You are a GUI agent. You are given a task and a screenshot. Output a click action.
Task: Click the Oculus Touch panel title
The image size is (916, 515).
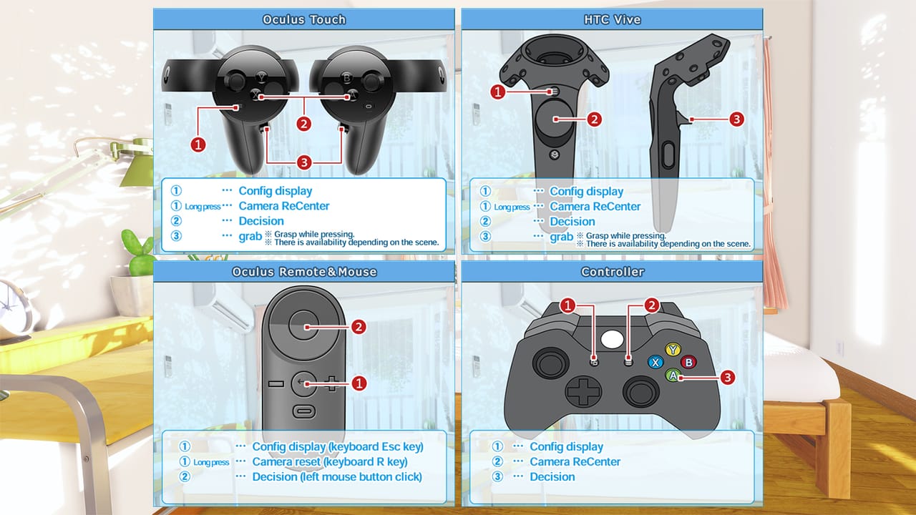click(303, 19)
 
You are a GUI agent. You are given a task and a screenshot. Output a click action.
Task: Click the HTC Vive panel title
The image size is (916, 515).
click(611, 19)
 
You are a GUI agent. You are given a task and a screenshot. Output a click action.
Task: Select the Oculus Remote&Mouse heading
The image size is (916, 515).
click(303, 272)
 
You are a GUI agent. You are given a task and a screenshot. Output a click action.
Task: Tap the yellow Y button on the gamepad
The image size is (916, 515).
click(673, 349)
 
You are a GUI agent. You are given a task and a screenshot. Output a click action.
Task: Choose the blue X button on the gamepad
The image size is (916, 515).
click(655, 362)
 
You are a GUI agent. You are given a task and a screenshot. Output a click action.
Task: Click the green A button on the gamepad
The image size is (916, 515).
click(673, 375)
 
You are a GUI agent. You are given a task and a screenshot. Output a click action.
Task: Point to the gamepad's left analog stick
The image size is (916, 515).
click(549, 363)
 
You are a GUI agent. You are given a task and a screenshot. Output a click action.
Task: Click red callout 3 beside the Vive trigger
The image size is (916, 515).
click(736, 119)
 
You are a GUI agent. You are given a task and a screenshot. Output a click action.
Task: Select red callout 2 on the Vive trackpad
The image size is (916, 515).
click(593, 119)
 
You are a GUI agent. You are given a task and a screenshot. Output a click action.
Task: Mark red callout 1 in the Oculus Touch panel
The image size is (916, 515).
click(198, 144)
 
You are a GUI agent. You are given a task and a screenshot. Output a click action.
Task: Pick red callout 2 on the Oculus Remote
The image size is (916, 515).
click(359, 327)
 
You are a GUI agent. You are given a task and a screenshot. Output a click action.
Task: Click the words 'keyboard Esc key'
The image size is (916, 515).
click(376, 447)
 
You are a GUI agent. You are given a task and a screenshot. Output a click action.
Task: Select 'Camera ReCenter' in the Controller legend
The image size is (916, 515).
click(575, 462)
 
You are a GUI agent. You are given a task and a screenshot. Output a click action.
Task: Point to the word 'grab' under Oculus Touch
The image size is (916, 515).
click(250, 236)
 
